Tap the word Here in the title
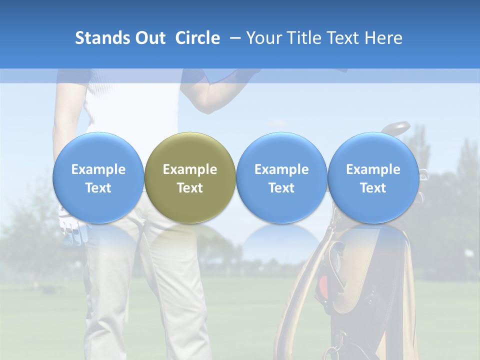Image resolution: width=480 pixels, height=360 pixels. click(x=382, y=38)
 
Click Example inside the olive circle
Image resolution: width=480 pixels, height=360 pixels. click(x=190, y=169)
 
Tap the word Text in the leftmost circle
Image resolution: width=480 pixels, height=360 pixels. click(x=98, y=188)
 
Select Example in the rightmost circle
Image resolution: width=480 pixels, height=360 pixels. click(x=373, y=169)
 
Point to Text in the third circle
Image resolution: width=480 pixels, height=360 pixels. click(x=281, y=188)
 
